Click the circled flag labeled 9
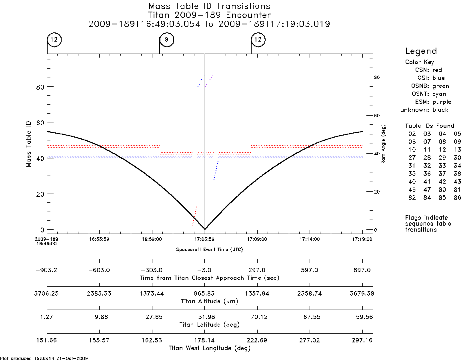tap(166, 40)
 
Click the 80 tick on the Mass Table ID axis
tap(40, 87)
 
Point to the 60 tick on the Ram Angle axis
tap(376, 116)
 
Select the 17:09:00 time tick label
tap(257, 239)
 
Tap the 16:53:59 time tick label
tap(99, 239)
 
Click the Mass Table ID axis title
tap(28, 144)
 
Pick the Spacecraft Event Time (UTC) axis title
tap(210, 250)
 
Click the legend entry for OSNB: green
tap(430, 86)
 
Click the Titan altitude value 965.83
tap(204, 294)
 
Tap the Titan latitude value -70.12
tap(257, 317)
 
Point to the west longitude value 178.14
tap(204, 340)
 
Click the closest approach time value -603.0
tap(99, 270)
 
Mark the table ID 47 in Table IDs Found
tap(427, 189)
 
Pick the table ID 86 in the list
tap(457, 197)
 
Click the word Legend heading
tap(421, 52)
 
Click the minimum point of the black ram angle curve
tap(204, 229)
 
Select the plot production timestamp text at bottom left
tap(44, 358)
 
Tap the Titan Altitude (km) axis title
tap(210, 302)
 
